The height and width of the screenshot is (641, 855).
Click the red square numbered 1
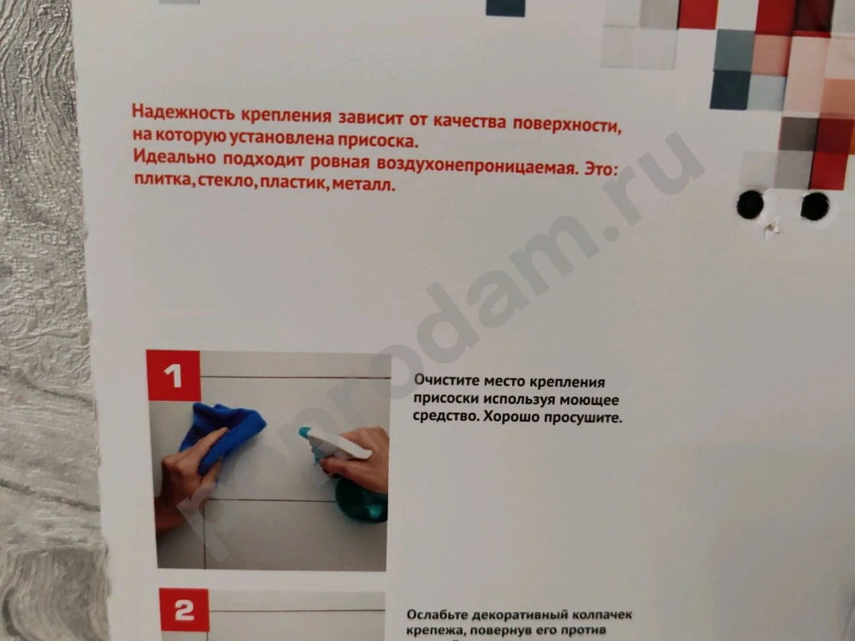click(174, 376)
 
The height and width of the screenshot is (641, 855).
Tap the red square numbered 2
click(183, 613)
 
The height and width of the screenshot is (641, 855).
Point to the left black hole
click(750, 203)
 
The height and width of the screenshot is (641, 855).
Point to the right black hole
click(814, 205)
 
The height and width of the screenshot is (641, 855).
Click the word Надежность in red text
click(175, 112)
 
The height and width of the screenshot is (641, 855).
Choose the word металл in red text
click(362, 184)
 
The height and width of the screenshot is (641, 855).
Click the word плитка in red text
click(161, 178)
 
